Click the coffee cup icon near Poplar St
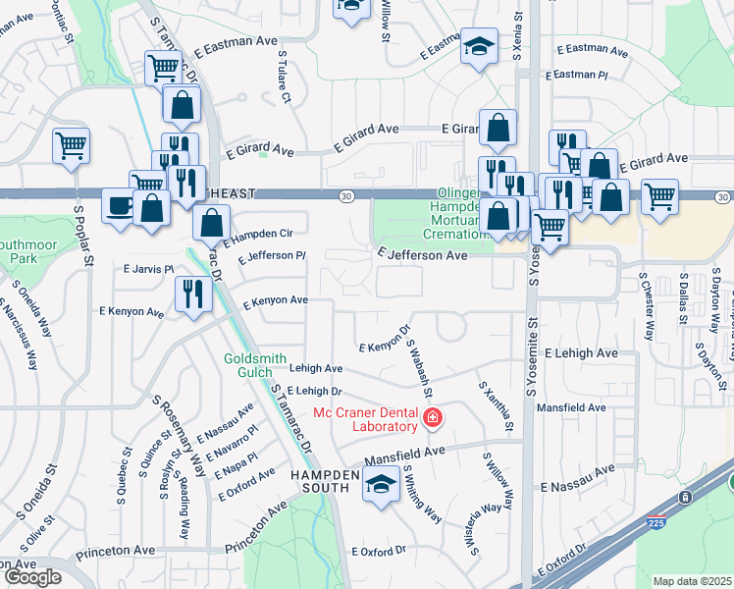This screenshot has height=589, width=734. click(121, 207)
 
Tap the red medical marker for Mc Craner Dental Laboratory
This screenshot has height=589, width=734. click(433, 420)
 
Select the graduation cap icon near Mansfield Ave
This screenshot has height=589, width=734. click(381, 483)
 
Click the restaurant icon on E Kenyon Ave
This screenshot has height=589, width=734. click(191, 293)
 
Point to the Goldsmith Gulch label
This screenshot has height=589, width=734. click(262, 366)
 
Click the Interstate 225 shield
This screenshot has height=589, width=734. click(655, 525)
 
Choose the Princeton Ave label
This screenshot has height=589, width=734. click(255, 537)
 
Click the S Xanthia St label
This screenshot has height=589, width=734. click(495, 406)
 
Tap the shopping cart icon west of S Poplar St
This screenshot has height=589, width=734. click(71, 145)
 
